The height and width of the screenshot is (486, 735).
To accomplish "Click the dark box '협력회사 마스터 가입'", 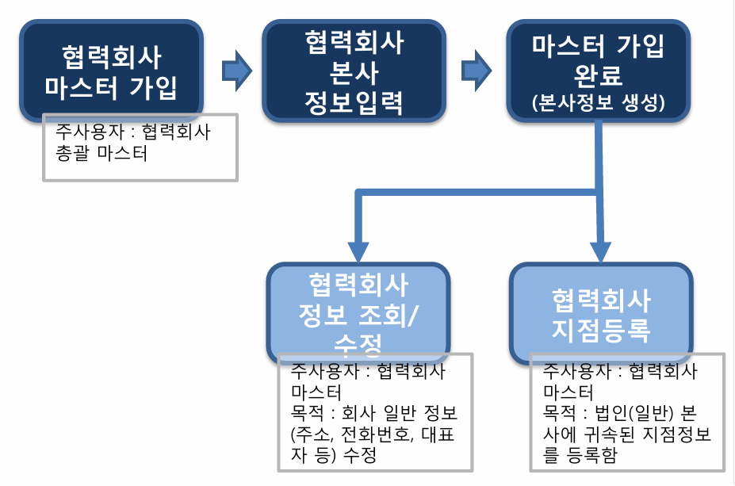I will (111, 70).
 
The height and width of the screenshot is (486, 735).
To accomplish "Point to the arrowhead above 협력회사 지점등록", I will (600, 250).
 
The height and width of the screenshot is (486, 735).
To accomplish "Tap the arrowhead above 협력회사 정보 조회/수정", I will (359, 250).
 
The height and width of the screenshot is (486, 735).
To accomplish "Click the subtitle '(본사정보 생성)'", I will (597, 103).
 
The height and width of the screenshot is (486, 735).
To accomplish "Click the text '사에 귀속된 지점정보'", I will (626, 435).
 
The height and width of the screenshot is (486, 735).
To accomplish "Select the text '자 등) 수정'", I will (333, 457).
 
